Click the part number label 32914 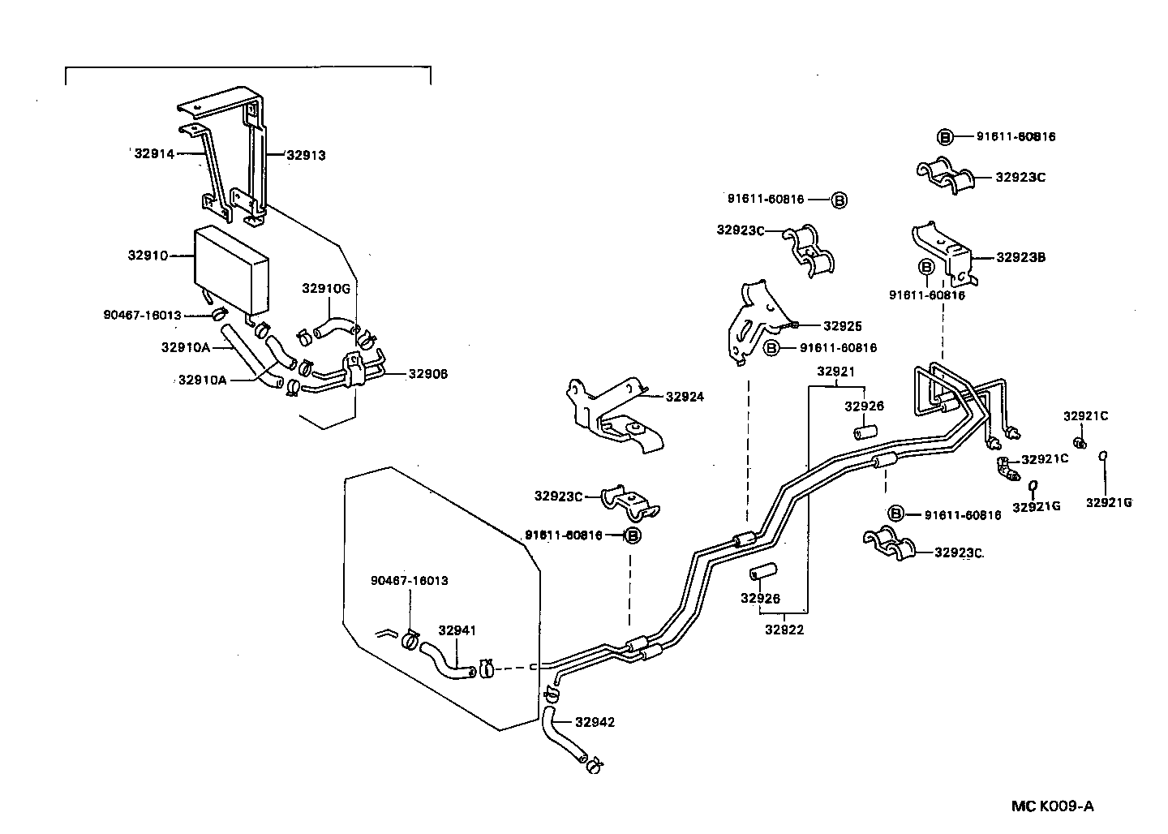click(154, 153)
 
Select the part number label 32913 click(305, 155)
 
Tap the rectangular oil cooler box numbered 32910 click(231, 269)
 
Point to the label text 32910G click(326, 288)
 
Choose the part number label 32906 click(427, 374)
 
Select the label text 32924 click(685, 397)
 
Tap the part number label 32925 click(842, 326)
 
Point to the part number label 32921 click(835, 372)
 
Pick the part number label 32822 click(784, 629)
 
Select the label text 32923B click(1020, 258)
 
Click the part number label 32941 click(457, 630)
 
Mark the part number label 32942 click(595, 721)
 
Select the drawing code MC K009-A click(1052, 806)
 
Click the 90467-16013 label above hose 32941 click(409, 581)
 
